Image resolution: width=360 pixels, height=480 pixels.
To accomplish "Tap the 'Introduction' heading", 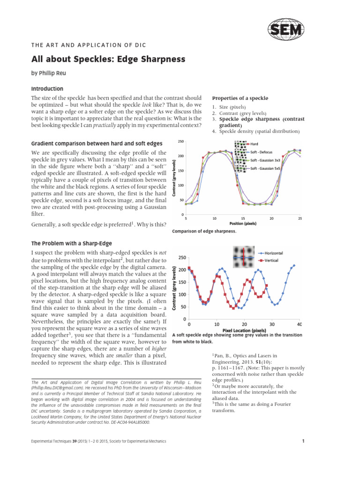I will (47, 89).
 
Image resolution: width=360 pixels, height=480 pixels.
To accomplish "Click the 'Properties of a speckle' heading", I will (240, 98).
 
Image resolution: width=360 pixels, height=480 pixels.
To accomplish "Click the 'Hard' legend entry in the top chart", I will (255, 144).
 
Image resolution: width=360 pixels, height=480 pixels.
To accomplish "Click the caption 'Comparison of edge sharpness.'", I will (204, 231).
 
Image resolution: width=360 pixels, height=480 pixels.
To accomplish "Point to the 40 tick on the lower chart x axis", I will (300, 324).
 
